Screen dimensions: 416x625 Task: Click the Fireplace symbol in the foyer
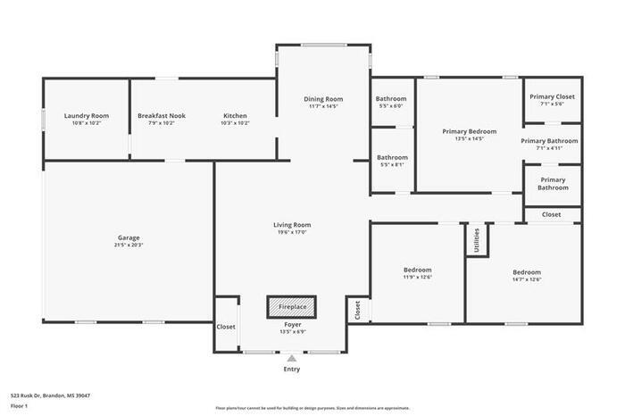pyautogui.click(x=292, y=306)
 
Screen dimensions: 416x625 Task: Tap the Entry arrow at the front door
pyautogui.click(x=292, y=358)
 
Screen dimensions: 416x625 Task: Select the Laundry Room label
pyautogui.click(x=87, y=116)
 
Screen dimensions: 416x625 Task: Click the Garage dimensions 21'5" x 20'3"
pyautogui.click(x=129, y=245)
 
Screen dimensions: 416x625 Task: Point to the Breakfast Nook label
pyautogui.click(x=162, y=116)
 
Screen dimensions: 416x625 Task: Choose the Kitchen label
pyautogui.click(x=235, y=116)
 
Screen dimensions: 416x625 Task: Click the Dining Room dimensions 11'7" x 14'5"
pyautogui.click(x=322, y=106)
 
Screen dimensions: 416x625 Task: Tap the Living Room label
pyautogui.click(x=292, y=225)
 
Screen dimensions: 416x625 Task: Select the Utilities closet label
pyautogui.click(x=477, y=238)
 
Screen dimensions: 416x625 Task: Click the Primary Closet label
pyautogui.click(x=552, y=96)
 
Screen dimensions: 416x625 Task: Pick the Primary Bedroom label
pyautogui.click(x=469, y=131)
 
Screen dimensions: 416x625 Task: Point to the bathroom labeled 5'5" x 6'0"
pyautogui.click(x=391, y=105)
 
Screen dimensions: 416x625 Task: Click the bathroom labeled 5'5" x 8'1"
pyautogui.click(x=391, y=164)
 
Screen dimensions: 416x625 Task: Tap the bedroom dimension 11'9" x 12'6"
pyautogui.click(x=417, y=277)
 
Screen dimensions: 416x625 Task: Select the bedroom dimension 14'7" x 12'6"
pyautogui.click(x=527, y=279)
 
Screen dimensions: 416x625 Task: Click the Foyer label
pyautogui.click(x=292, y=324)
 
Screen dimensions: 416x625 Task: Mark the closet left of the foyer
pyautogui.click(x=225, y=327)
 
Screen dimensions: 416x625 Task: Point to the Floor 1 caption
pyautogui.click(x=20, y=405)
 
